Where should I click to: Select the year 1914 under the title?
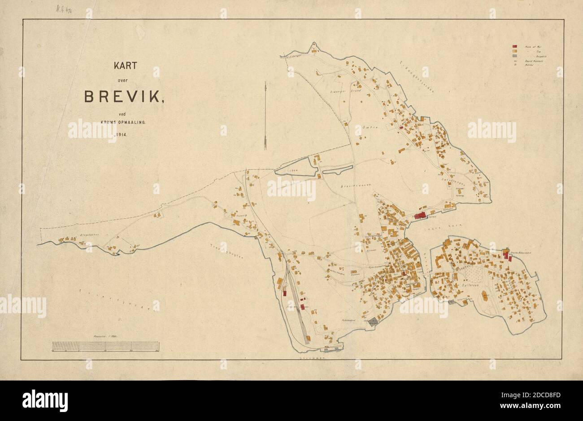118,134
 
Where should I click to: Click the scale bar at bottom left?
105,346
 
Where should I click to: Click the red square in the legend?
516,46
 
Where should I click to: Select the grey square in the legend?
516,56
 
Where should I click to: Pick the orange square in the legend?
516,51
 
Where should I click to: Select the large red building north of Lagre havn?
420,216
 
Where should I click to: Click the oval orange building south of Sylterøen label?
484,296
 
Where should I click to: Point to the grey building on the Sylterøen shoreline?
452,302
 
